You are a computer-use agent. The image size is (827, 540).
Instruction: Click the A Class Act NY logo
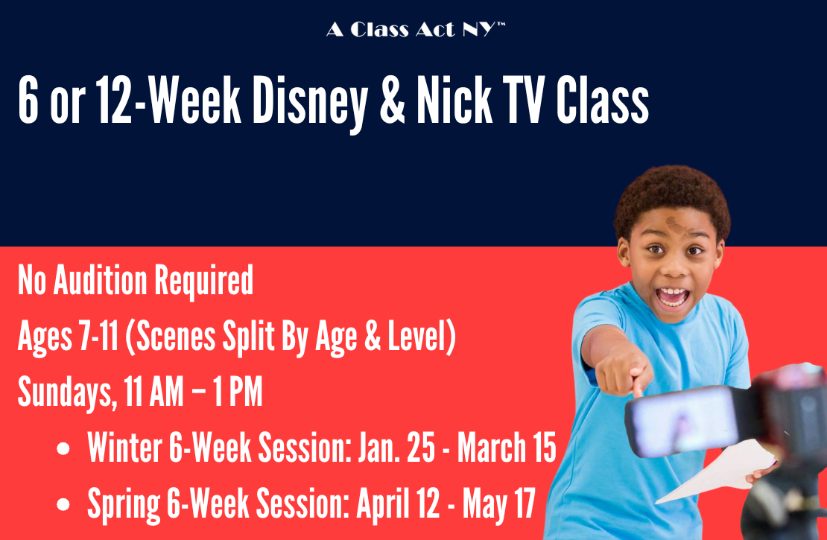tap(416, 30)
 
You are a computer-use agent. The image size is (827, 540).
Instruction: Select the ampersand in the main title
tap(393, 99)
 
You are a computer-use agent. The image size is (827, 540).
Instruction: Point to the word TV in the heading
tap(523, 99)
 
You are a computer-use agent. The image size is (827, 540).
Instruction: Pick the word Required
tap(204, 282)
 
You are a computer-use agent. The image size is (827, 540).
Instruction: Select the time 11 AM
tap(147, 392)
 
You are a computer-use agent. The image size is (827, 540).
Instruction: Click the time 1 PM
tap(238, 392)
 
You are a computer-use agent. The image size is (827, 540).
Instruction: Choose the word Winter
tap(124, 448)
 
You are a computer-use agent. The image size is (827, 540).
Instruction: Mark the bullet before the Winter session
tap(63, 449)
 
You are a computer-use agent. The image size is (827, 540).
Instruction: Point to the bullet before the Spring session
tap(63, 504)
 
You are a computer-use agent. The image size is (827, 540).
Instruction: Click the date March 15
tap(507, 448)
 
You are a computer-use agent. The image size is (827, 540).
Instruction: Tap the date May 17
tap(499, 504)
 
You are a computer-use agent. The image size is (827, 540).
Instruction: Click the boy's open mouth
tap(672, 296)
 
